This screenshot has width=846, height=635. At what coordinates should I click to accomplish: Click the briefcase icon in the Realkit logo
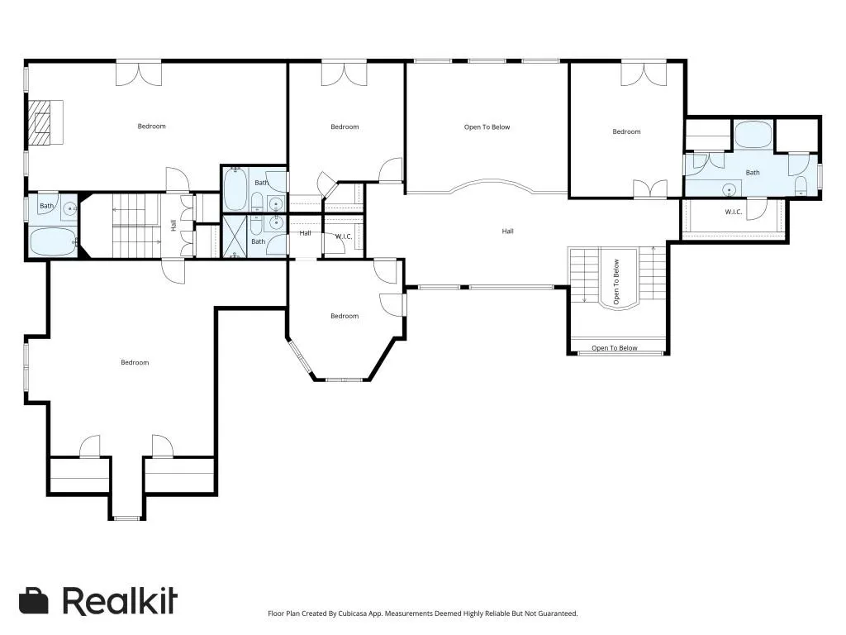tap(33, 600)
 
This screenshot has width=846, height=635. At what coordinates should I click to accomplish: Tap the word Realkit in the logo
tap(120, 601)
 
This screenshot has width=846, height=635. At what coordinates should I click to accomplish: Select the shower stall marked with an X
tap(235, 236)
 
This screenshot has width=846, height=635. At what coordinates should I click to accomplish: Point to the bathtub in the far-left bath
tap(53, 241)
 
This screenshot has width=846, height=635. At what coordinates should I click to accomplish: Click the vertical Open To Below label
tap(616, 282)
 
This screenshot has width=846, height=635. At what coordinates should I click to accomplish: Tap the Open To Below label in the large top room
tap(487, 127)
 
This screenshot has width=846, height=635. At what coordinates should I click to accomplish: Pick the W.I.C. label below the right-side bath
tap(734, 212)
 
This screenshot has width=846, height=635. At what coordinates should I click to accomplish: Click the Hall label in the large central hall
tap(508, 232)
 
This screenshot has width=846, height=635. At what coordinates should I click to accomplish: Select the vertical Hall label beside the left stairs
tap(173, 225)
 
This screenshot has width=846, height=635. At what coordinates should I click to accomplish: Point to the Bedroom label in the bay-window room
tap(345, 316)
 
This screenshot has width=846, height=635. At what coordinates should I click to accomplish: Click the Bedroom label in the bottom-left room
tap(135, 362)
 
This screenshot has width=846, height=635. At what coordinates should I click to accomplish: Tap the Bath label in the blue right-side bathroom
tap(753, 173)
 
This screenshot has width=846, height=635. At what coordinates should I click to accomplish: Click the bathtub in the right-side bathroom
tap(753, 135)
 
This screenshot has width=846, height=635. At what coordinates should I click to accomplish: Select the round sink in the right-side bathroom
tap(730, 189)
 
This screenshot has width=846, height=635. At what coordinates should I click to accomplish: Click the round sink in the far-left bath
tap(69, 208)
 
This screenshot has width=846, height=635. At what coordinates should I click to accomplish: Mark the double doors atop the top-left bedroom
tap(139, 74)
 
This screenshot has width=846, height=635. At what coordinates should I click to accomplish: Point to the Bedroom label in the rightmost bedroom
tap(626, 131)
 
